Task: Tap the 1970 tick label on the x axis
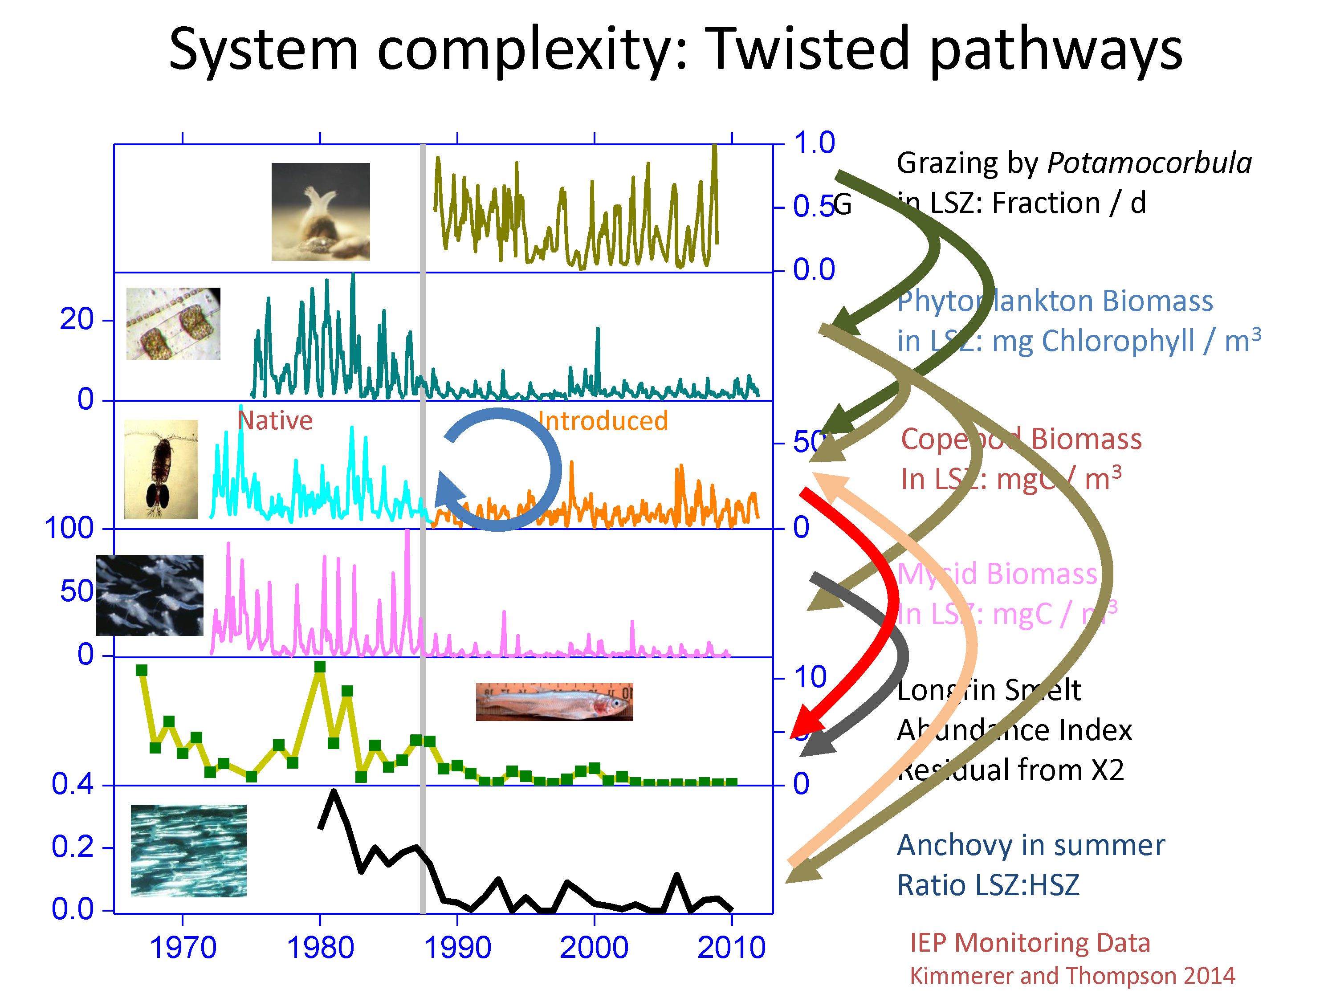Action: coord(183,947)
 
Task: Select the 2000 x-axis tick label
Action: coord(595,947)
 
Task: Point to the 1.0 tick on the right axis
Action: coord(814,143)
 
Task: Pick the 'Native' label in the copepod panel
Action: coord(275,420)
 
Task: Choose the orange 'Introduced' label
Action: coord(603,420)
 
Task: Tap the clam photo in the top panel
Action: coord(321,212)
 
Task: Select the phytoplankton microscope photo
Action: coord(173,324)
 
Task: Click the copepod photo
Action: coord(161,469)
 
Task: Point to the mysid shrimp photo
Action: coord(150,595)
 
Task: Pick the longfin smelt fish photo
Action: coord(554,702)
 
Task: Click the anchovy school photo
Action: coord(188,851)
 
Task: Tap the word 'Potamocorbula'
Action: coord(1149,163)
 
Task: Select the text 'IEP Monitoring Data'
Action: coord(1030,943)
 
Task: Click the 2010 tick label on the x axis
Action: coord(731,947)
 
